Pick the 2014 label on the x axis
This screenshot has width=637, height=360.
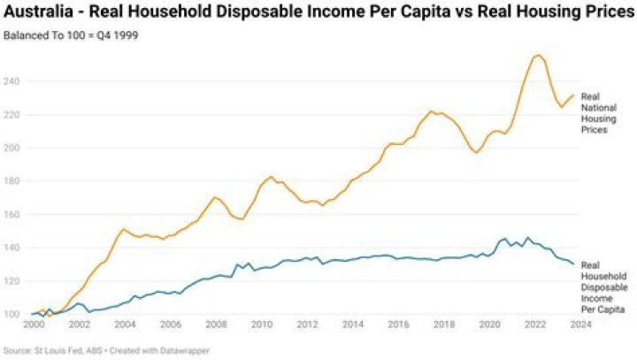(351, 326)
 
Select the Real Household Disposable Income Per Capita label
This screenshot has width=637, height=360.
(603, 287)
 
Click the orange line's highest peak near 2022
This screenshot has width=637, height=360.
(538, 55)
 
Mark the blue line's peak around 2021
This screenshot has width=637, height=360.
(527, 237)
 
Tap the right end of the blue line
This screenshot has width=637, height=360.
(573, 264)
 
